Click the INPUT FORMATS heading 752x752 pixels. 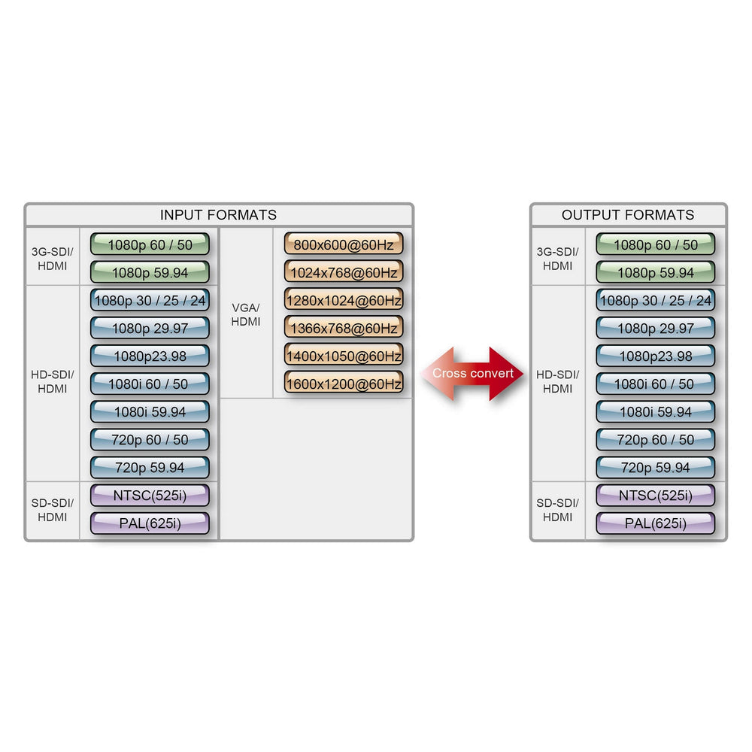[218, 215]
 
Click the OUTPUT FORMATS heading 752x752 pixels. [628, 215]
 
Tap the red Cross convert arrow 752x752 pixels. [473, 373]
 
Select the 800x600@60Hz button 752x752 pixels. [344, 244]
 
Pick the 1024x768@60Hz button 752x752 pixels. [344, 271]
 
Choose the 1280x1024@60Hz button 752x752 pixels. [344, 299]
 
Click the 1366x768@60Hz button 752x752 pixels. [344, 327]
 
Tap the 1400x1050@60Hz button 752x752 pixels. [344, 355]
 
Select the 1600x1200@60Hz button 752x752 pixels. [344, 383]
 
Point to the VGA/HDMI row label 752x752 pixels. [246, 314]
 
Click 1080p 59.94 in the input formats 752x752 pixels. [150, 272]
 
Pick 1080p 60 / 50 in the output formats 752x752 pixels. [656, 244]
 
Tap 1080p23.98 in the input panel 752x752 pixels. [150, 356]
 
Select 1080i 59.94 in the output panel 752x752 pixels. [656, 411]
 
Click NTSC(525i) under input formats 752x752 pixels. [150, 496]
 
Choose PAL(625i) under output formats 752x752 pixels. [656, 523]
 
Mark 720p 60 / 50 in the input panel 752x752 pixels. [150, 439]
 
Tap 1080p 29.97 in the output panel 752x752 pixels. [656, 328]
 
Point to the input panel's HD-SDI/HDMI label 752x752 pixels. [52, 381]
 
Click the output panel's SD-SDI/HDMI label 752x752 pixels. [557, 510]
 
